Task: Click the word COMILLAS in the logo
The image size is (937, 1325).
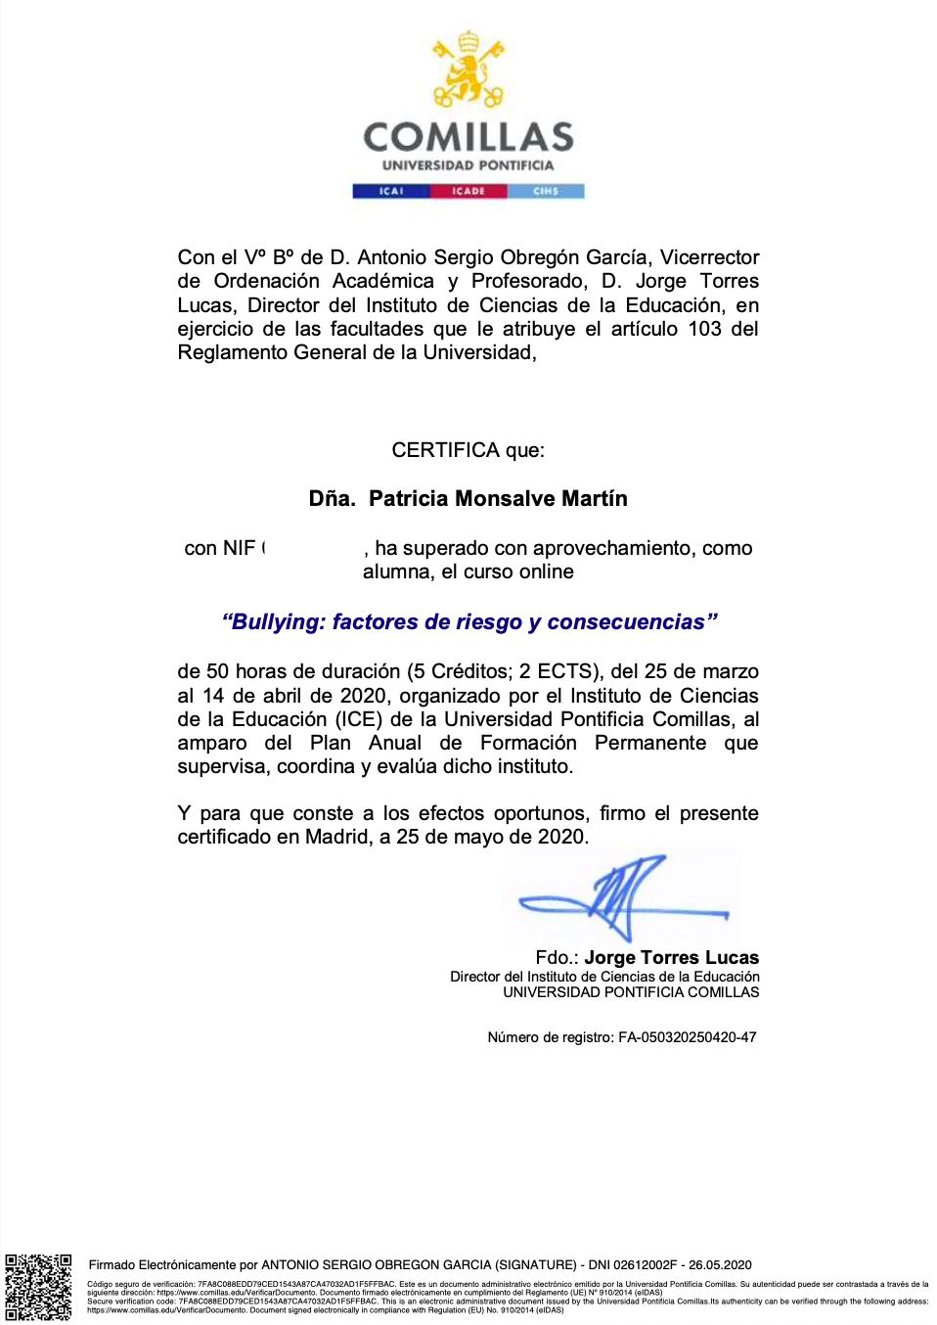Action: click(468, 137)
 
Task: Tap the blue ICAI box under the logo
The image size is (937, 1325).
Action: click(391, 191)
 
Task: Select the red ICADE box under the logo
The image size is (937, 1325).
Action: click(468, 191)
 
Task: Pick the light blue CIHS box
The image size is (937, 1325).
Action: click(546, 191)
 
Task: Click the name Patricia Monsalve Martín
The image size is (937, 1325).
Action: click(498, 499)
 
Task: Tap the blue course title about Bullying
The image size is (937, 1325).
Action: click(469, 622)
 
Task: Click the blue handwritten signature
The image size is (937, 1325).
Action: click(622, 894)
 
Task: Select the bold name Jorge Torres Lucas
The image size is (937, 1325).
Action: click(671, 958)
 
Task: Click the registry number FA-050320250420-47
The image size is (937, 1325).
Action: click(687, 1037)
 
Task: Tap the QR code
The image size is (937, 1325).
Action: click(38, 1287)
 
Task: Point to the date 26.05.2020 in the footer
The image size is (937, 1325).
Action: click(720, 1265)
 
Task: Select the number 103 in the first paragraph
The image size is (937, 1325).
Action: click(704, 329)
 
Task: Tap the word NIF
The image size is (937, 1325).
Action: click(239, 548)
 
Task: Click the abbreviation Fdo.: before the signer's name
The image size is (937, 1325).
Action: click(557, 958)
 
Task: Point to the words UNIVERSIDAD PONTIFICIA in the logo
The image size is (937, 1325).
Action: click(468, 165)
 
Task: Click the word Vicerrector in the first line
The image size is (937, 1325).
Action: click(709, 257)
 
